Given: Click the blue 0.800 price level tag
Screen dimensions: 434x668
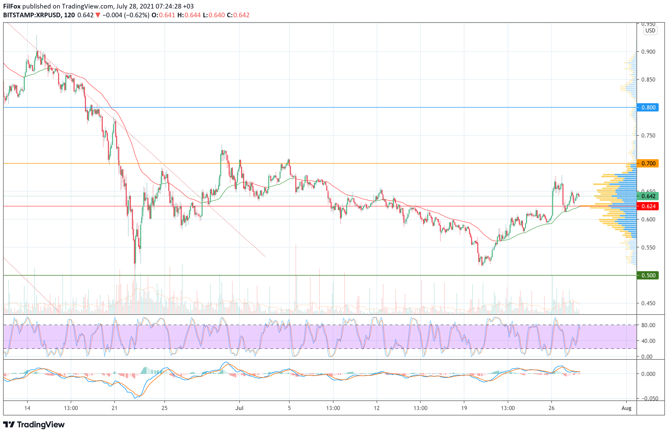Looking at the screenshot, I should point(648,107).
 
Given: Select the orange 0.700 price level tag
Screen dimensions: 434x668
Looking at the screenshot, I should point(648,163).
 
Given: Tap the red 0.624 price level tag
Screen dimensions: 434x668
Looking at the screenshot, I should point(648,206).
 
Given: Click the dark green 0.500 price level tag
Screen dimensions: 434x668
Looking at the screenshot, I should point(648,275).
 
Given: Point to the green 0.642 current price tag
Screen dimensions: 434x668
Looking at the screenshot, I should point(648,196).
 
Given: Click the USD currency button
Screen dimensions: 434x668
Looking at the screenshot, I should point(650,31).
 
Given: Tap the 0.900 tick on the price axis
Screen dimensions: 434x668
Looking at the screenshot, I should point(648,52).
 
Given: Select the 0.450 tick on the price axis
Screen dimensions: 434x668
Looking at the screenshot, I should point(648,303).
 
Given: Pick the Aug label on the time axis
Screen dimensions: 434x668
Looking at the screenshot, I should point(626,408).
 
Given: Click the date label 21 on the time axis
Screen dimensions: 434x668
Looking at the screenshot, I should point(115,408).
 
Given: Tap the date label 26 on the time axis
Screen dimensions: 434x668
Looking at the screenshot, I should point(552,408).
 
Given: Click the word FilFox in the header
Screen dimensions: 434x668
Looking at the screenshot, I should point(12,6).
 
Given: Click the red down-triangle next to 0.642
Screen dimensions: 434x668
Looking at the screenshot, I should point(98,15).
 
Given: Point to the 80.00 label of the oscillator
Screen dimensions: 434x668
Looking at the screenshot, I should point(648,325).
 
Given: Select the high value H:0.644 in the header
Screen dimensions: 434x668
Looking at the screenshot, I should point(189,15).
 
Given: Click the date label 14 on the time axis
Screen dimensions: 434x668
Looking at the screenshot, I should point(27,408).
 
